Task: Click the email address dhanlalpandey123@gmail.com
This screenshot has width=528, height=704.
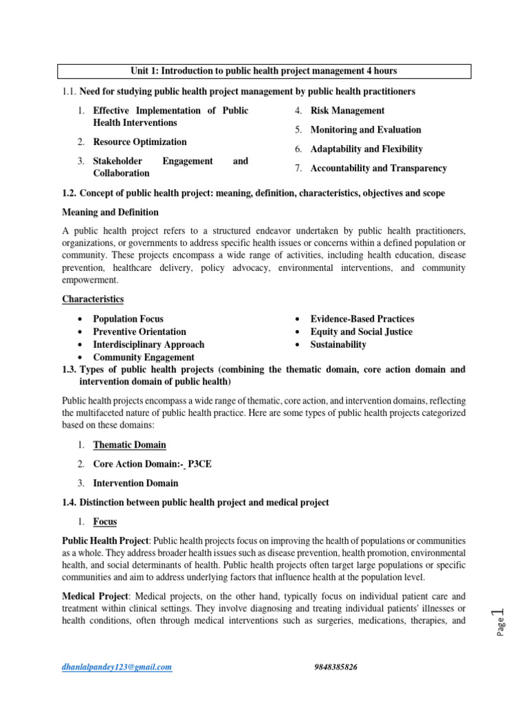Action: click(118, 667)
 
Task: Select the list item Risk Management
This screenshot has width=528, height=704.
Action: click(347, 111)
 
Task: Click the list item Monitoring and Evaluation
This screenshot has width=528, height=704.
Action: click(366, 130)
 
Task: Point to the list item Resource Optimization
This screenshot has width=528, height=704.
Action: click(140, 142)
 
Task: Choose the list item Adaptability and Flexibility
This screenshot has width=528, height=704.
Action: click(366, 149)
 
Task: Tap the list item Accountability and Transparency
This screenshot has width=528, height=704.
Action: click(378, 168)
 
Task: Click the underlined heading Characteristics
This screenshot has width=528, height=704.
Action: click(93, 299)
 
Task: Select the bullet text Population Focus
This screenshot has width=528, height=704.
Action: click(128, 319)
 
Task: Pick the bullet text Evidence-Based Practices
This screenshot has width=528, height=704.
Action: click(362, 319)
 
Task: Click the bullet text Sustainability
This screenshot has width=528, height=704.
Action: click(338, 344)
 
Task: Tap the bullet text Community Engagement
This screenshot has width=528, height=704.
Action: click(144, 357)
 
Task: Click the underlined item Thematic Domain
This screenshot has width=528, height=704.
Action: click(129, 445)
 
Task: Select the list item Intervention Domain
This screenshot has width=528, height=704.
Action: click(135, 483)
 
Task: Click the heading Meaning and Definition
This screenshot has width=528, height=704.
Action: click(110, 212)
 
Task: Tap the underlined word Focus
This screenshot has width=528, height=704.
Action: click(105, 522)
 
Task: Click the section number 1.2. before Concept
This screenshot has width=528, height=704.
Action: click(71, 193)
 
